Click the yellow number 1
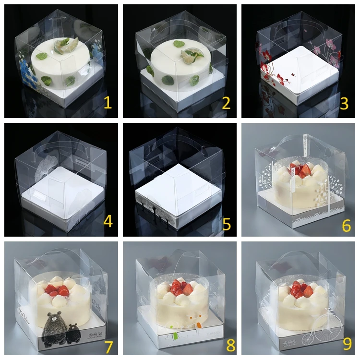pyautogui.click(x=108, y=103)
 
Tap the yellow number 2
pyautogui.click(x=226, y=103)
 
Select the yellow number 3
pyautogui.click(x=344, y=103)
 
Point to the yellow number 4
pyautogui.click(x=108, y=221)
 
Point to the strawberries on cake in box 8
pyautogui.click(x=181, y=288)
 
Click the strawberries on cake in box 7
pyautogui.click(x=57, y=290)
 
